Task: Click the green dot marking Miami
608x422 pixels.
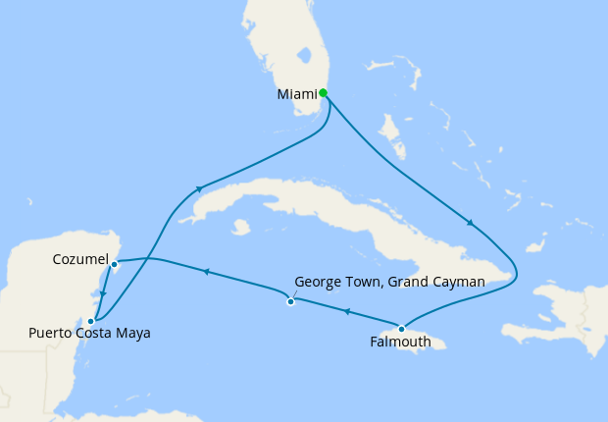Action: (323, 93)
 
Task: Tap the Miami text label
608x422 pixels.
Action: (297, 94)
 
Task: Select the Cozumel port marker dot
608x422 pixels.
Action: (114, 264)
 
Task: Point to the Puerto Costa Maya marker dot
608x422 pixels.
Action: (90, 321)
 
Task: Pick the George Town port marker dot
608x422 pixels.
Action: (290, 301)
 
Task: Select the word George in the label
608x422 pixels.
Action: (318, 282)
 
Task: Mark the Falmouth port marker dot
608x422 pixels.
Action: (401, 329)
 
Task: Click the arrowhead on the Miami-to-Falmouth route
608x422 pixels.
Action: (471, 224)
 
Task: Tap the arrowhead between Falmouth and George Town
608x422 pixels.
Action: (346, 312)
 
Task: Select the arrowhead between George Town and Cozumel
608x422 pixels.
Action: (206, 270)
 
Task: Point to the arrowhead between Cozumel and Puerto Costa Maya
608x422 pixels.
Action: (103, 293)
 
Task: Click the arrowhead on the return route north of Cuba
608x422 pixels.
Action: (199, 188)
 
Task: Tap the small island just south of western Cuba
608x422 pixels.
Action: (240, 227)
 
